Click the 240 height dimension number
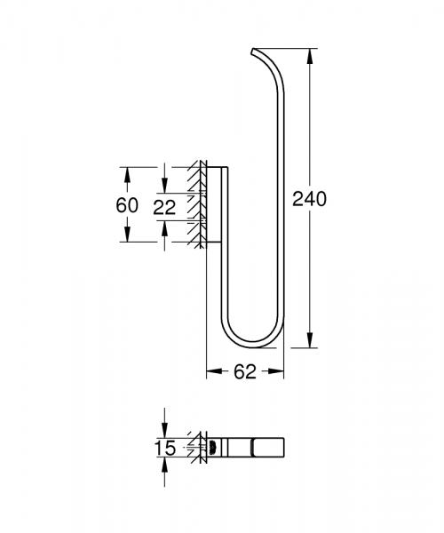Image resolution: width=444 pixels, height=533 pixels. coord(310,199)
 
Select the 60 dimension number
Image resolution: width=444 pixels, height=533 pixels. coord(127,204)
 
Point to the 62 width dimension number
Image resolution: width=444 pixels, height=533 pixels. coord(246,373)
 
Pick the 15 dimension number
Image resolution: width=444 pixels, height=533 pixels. coord(165,448)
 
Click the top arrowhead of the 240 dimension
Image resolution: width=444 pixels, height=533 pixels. coord(310,54)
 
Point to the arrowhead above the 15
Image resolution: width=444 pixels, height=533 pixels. coord(165,433)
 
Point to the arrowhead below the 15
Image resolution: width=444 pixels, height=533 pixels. coord(165,464)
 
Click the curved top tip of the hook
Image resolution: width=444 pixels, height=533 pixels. coord(257,50)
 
